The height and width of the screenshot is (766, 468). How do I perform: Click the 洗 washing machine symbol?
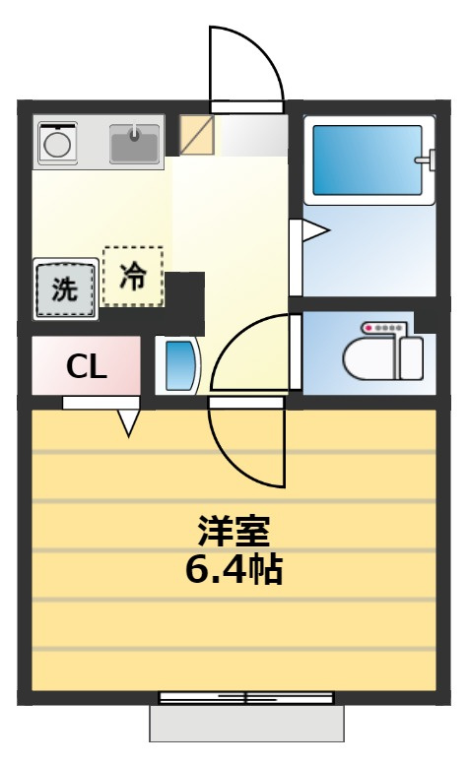[x=66, y=288]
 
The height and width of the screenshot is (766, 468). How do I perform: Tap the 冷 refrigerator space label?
[x=133, y=277]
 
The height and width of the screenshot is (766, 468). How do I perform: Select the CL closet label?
[x=87, y=366]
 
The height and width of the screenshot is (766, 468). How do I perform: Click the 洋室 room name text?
[x=234, y=531]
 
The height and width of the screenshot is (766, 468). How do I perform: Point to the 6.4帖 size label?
[x=234, y=569]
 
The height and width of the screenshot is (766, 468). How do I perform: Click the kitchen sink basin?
[x=134, y=144]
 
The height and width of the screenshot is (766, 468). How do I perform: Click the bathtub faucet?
[x=426, y=160]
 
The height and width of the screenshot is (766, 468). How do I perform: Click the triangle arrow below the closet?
[x=129, y=423]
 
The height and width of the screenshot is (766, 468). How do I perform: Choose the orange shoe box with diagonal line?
[x=197, y=135]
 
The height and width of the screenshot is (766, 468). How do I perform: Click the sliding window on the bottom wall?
[x=246, y=697]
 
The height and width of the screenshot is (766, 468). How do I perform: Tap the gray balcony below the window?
[x=246, y=724]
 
